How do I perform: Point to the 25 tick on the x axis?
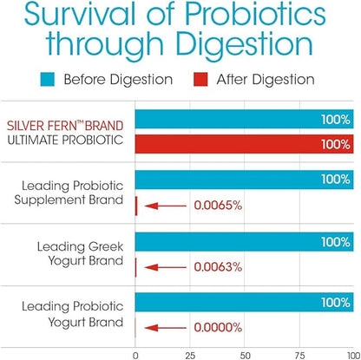tap(189, 353)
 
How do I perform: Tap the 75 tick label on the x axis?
tap(299, 353)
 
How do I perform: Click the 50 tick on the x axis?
tap(244, 353)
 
